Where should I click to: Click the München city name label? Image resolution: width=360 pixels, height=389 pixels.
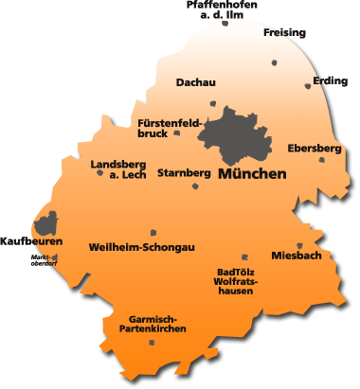(252, 175)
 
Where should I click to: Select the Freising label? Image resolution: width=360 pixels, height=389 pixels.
(285, 33)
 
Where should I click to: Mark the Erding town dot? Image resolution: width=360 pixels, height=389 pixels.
(308, 86)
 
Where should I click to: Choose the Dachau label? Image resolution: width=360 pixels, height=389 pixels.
(196, 83)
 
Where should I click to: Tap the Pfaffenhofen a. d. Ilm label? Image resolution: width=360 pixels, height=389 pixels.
(224, 9)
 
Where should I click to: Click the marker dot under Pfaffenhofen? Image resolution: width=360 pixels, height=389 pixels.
(225, 23)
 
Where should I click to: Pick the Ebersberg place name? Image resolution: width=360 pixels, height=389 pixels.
(314, 149)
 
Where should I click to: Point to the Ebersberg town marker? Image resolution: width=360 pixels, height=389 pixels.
(322, 159)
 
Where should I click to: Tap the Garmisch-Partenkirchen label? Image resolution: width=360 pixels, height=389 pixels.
(152, 323)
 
